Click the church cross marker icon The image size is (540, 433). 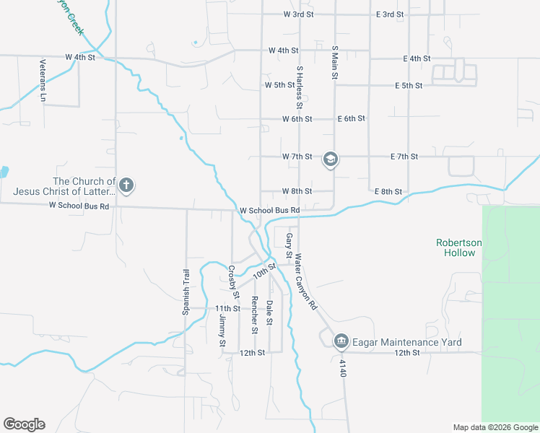point(126,185)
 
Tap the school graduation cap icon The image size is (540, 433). point(330,159)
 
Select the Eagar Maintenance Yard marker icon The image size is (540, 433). point(341,341)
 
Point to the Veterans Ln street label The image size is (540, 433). point(43,79)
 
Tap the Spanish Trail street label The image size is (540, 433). point(186,292)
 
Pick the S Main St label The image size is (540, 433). point(334,63)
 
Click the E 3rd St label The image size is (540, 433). point(390,14)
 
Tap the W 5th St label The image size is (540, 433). point(279,85)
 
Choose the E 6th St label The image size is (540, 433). point(352,118)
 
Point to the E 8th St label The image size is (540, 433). point(388,191)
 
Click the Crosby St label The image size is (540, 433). point(233,282)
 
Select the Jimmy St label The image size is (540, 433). point(222,331)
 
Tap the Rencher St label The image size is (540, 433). point(254,315)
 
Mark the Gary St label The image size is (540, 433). point(289,245)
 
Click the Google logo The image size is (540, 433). point(24,424)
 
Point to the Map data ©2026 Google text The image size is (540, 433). point(495,427)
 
